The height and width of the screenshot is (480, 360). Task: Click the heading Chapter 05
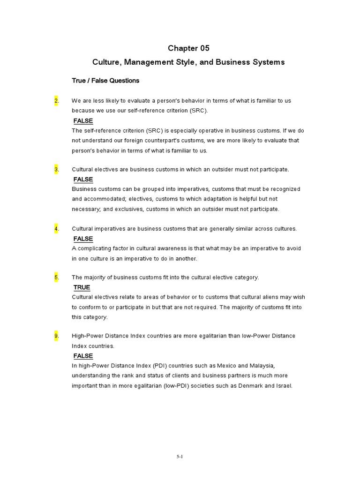(188, 48)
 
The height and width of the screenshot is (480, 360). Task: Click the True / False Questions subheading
(105, 81)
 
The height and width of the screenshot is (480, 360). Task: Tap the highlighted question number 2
(56, 101)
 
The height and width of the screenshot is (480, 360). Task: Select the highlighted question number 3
(56, 169)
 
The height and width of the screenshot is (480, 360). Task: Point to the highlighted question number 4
(56, 229)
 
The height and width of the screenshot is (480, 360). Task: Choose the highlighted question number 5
(56, 277)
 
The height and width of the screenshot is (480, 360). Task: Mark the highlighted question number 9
(56, 336)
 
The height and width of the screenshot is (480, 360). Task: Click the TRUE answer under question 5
(82, 287)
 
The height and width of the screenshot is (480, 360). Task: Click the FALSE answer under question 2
(83, 121)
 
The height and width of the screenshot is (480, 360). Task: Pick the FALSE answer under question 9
(83, 356)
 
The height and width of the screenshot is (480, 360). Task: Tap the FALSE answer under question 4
(83, 239)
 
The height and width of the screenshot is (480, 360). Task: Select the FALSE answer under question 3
(83, 180)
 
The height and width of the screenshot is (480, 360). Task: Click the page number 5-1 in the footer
(180, 456)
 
